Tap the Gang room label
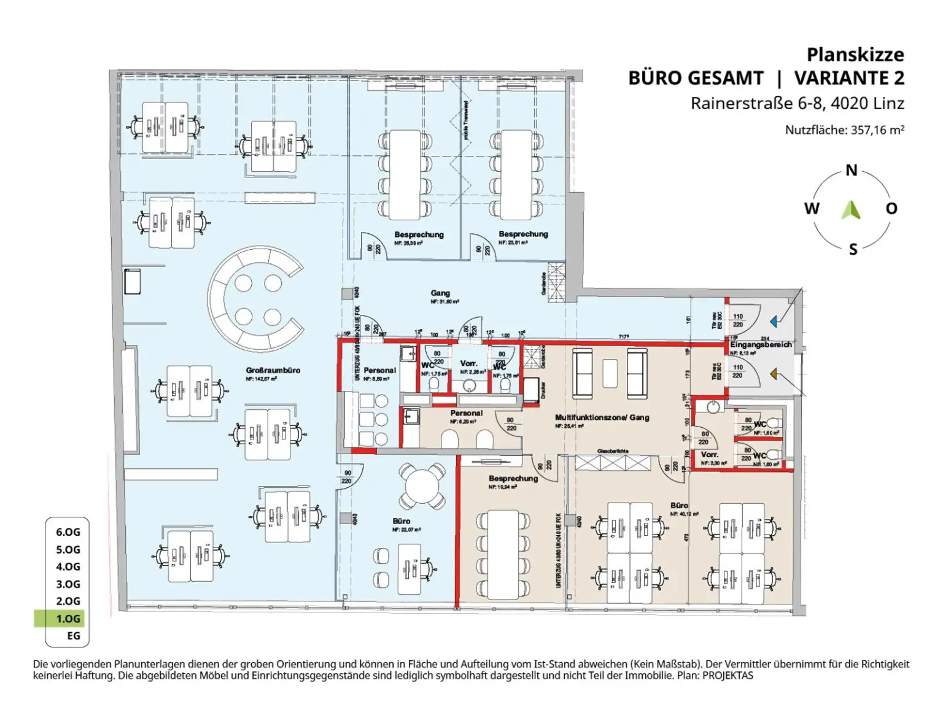click(x=440, y=293)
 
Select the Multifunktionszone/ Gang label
click(x=602, y=417)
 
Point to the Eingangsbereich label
click(x=761, y=345)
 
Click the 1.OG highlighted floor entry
click(x=68, y=619)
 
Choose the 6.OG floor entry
click(x=68, y=532)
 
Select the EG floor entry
click(x=73, y=636)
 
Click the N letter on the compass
click(x=851, y=171)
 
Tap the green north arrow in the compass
click(x=851, y=210)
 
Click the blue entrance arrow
click(x=774, y=321)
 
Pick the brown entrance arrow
click(x=774, y=373)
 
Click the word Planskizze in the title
click(x=855, y=55)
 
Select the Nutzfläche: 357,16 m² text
click(x=844, y=130)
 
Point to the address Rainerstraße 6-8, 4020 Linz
click(x=797, y=103)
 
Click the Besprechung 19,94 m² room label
click(x=513, y=479)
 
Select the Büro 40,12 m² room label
click(x=679, y=506)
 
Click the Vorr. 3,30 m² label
click(x=709, y=455)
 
